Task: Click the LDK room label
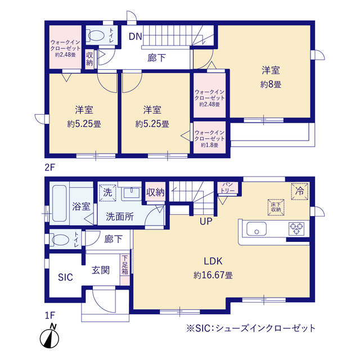[x=213, y=260]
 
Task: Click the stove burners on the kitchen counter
[x=296, y=228]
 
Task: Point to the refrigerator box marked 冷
[x=300, y=191]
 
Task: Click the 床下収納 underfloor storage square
[x=275, y=206]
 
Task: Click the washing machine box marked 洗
[x=107, y=192]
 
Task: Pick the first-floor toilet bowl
[x=61, y=238]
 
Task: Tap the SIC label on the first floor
[x=65, y=277]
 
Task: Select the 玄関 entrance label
[x=101, y=269]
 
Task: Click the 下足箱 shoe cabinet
[x=125, y=265]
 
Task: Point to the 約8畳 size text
[x=271, y=84]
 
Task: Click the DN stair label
[x=135, y=37]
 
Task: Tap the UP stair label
[x=205, y=221]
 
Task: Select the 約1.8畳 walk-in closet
[x=209, y=136]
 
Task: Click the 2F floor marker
[x=51, y=167]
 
